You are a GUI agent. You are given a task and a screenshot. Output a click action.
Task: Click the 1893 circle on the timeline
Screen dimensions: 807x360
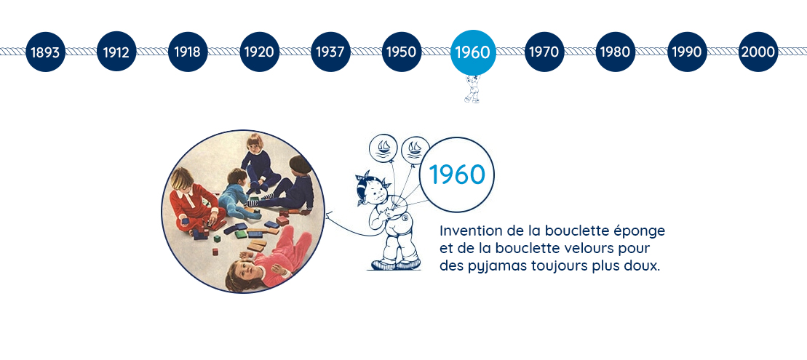coord(45,52)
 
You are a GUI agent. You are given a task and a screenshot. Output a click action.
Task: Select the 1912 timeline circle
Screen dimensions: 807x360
coord(116,52)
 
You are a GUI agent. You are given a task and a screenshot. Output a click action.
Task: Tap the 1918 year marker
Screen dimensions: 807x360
coord(188,52)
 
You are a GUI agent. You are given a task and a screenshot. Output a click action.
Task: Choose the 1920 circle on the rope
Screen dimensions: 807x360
coord(259,52)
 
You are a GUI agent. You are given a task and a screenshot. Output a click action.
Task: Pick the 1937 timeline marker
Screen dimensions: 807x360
coord(330,52)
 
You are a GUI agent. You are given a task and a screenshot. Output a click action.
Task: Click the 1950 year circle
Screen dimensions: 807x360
coord(402,52)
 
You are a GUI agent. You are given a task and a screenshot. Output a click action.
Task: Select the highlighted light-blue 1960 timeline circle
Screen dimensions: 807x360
coord(473,52)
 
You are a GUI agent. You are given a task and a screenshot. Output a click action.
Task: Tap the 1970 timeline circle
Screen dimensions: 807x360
coord(544,52)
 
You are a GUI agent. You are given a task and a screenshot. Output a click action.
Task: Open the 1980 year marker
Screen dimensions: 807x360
coord(616,52)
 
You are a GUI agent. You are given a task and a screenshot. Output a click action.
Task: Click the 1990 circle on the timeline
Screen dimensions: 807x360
coord(686,52)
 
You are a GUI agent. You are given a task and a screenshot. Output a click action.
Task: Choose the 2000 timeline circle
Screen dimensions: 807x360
coord(758,52)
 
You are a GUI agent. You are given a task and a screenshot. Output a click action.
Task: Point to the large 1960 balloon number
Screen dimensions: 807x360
coord(457,175)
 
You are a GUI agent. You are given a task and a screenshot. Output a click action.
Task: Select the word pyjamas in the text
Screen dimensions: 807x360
coord(486,268)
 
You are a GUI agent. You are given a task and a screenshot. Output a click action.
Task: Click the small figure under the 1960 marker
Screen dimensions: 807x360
coord(472,89)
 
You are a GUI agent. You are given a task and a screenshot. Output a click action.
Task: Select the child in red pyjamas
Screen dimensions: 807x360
coord(193,203)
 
